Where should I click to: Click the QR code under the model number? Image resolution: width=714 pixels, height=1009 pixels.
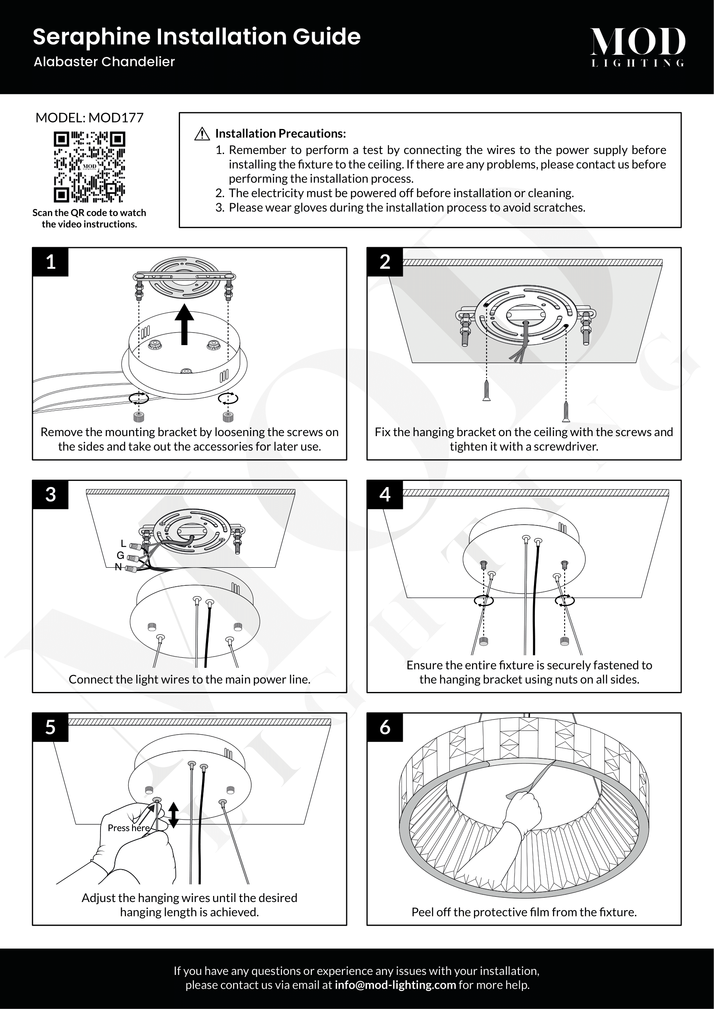tap(89, 167)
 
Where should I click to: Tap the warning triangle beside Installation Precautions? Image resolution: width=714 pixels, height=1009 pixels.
tap(202, 134)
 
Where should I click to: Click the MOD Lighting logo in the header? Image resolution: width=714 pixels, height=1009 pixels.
tap(638, 47)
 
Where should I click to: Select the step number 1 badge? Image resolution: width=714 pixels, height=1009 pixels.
tap(51, 262)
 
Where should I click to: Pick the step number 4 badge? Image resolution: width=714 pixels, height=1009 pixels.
tap(385, 494)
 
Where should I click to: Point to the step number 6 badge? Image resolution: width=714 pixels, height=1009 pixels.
tap(385, 727)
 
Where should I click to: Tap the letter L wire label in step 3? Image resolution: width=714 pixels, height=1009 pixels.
tap(123, 544)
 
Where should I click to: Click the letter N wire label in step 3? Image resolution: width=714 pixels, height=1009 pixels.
tap(118, 567)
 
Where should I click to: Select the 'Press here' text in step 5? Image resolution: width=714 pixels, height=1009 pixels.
tap(129, 828)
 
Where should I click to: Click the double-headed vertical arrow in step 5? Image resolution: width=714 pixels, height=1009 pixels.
tap(174, 815)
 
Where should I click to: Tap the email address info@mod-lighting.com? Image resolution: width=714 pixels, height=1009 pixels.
tap(395, 985)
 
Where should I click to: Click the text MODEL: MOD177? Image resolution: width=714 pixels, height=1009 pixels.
tap(89, 118)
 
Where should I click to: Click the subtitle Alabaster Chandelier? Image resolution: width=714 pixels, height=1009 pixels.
tap(104, 62)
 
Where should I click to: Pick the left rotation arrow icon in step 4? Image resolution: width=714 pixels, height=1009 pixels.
tap(483, 601)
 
